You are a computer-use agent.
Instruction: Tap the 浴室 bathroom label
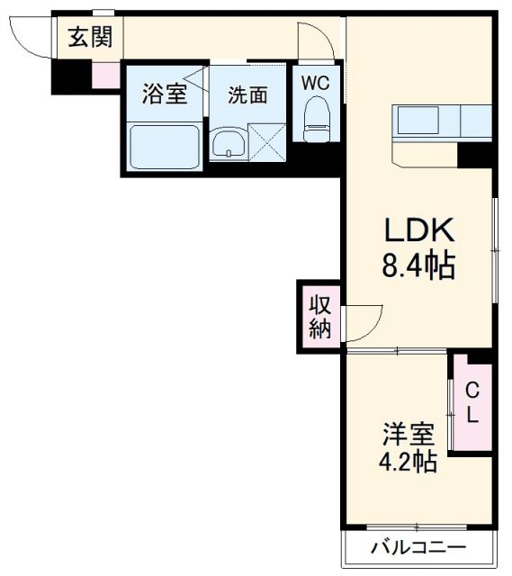[x=166, y=94]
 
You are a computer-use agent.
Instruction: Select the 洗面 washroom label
[x=247, y=94]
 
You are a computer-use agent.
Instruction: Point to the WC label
[x=315, y=83]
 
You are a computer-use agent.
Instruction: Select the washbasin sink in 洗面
[x=229, y=143]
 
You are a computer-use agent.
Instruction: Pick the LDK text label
[x=420, y=231]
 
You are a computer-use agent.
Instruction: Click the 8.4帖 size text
[x=420, y=266]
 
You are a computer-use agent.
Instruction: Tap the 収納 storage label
[x=319, y=316]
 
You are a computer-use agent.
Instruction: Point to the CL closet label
[x=472, y=401]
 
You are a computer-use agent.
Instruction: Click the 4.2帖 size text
[x=409, y=463]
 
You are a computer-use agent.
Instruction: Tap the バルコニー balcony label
[x=419, y=547]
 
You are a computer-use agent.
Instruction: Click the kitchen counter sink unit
[x=441, y=120]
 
